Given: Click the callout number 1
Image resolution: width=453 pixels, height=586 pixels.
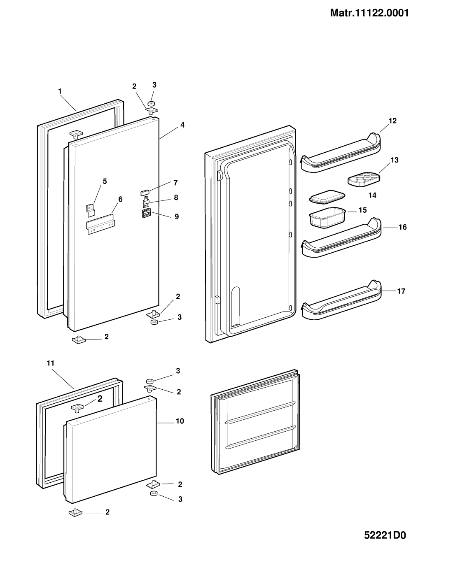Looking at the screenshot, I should tap(60, 91).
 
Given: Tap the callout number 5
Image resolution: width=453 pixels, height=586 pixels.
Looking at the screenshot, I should tap(105, 181).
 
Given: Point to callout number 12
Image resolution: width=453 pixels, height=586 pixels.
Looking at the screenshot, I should tap(392, 121).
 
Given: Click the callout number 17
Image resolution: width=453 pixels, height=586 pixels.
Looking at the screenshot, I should tap(402, 291).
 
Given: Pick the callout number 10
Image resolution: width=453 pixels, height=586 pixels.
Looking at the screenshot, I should tap(180, 421).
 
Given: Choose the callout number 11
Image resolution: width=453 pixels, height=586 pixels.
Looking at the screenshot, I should tap(50, 363).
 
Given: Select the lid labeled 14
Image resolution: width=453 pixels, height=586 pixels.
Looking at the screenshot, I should tap(327, 197).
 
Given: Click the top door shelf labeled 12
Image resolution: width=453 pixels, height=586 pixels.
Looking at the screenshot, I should tap(341, 153).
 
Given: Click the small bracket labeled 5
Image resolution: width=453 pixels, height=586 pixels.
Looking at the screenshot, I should tap(91, 210).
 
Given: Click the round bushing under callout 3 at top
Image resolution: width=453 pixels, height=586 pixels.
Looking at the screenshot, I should tap(152, 103).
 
